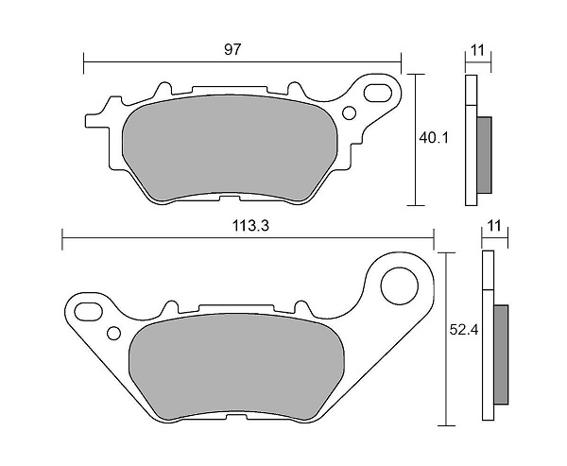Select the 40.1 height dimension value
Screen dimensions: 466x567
434,138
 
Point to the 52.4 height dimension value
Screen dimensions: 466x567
459,331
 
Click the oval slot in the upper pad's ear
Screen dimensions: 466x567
379,95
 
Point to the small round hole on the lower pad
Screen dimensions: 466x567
114,332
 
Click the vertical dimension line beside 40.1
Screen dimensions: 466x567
416,139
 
